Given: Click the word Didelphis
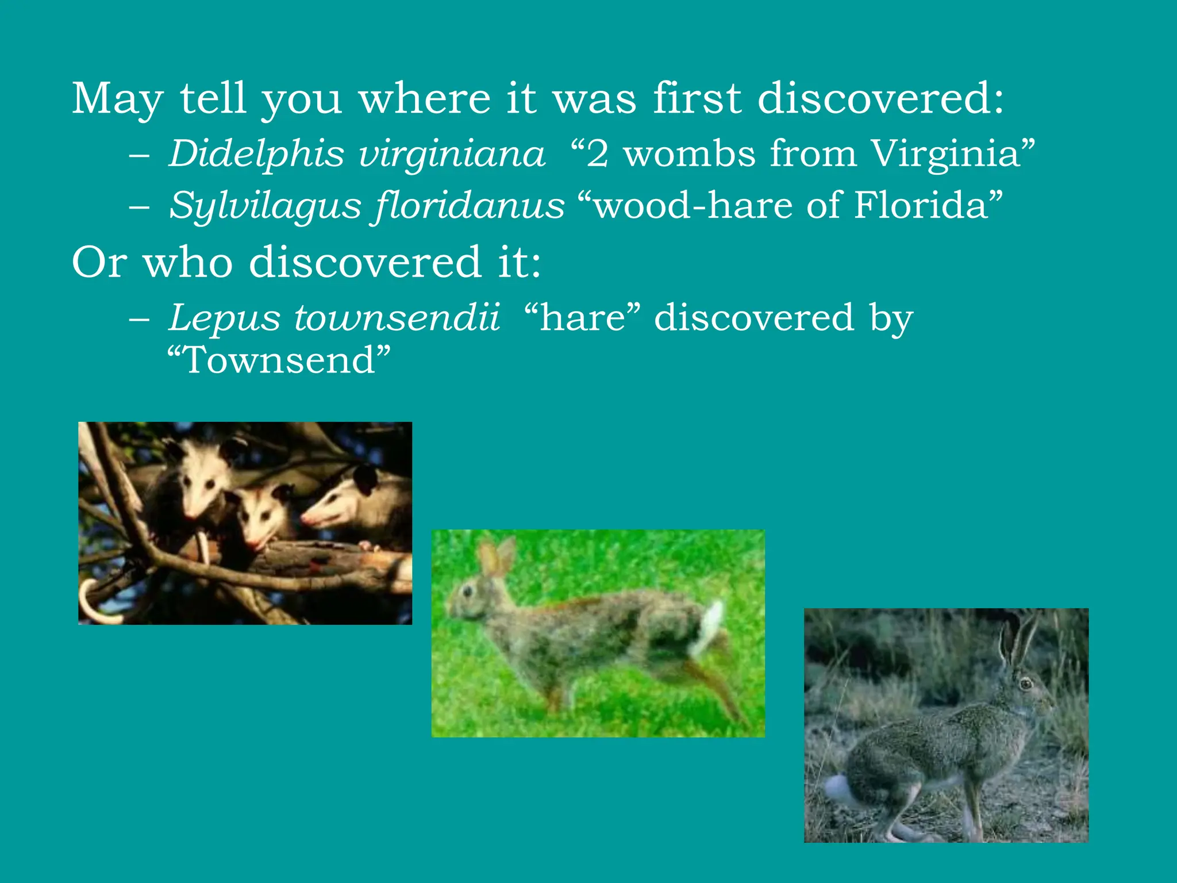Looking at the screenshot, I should point(256,154).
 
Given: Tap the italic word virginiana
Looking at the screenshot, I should point(451,154).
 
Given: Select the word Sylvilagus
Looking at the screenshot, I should point(265,205).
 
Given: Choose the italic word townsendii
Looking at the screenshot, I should point(397,317).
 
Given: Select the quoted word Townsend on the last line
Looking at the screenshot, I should point(279,360).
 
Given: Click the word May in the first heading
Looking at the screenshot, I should point(117,99).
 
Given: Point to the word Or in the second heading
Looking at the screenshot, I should point(98,262).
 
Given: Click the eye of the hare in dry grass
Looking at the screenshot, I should point(1025,684).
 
